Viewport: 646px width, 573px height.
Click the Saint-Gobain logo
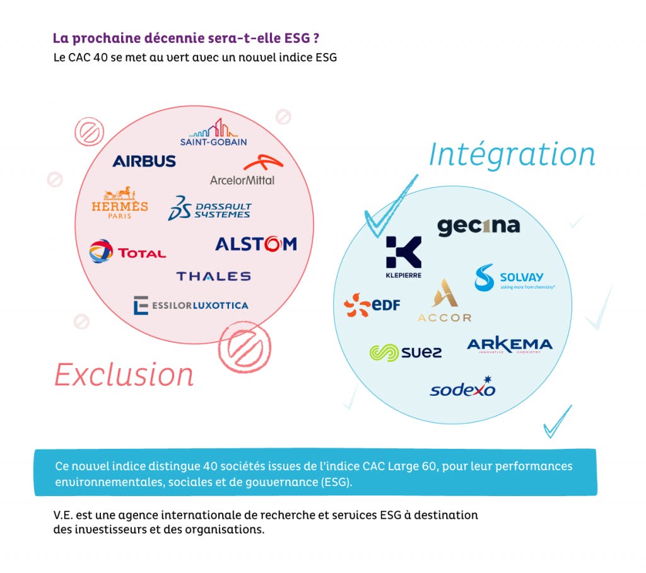(213, 133)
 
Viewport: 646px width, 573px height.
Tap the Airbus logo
(144, 161)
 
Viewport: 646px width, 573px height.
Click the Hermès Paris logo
(120, 202)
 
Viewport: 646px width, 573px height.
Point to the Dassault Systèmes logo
(210, 209)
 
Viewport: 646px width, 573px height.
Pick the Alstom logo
(255, 244)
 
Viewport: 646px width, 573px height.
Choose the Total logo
(127, 252)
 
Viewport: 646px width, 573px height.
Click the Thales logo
(213, 276)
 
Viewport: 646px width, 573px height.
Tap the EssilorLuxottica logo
(191, 305)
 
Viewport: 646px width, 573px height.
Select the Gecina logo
(479, 226)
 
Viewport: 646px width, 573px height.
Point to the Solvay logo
(514, 278)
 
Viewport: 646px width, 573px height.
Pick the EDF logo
(372, 305)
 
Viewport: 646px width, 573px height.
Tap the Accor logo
(444, 301)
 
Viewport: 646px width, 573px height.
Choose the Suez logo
(406, 352)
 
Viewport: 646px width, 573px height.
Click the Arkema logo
(510, 345)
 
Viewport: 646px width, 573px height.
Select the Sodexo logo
(463, 387)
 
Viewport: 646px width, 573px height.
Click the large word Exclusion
(124, 374)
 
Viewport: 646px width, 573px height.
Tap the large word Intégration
(512, 154)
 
